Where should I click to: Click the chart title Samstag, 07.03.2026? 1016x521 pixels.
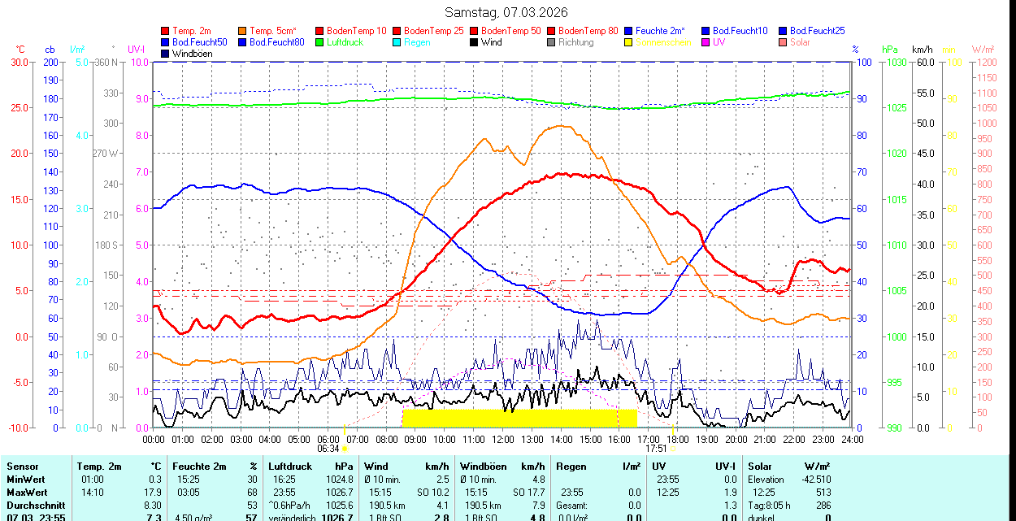507,12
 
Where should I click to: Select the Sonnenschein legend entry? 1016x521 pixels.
663,42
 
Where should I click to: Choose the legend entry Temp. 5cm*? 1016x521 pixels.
273,31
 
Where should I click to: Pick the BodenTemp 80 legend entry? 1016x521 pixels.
588,31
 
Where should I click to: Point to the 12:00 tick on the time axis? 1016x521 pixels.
503,439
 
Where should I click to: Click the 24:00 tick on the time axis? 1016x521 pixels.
852,439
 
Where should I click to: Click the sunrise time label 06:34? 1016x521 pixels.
328,449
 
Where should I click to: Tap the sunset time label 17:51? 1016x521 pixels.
656,449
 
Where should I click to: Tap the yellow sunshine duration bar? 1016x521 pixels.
519,418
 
